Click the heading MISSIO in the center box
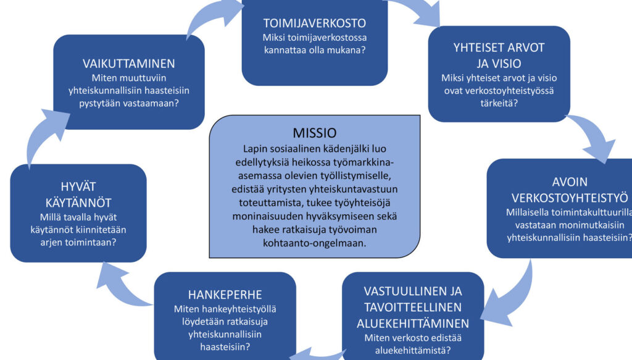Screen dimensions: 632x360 point(314,133)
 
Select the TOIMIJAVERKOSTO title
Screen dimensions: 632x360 point(314,23)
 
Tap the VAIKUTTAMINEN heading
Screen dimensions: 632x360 point(128,64)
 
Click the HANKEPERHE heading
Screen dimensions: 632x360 point(225,295)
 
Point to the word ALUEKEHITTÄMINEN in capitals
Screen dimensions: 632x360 point(413,324)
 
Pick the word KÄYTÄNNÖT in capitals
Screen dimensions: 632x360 point(78,203)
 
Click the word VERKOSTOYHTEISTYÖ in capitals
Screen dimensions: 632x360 point(570,198)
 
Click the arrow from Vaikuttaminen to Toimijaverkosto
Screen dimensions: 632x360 point(212,15)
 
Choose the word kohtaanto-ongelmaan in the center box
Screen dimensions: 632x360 point(314,243)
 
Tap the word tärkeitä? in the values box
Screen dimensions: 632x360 point(499,103)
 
